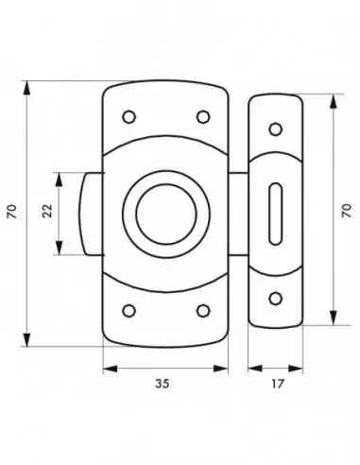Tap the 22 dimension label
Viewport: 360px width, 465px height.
(x=46, y=214)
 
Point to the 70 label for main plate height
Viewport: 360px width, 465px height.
(x=11, y=214)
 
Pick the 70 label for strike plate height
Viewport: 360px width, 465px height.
(x=347, y=209)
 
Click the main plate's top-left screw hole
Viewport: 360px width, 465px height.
(x=129, y=116)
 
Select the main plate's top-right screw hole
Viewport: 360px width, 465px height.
(x=202, y=116)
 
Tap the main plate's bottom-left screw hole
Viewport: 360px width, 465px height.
(x=129, y=310)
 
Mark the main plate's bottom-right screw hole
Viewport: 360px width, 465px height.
(x=202, y=310)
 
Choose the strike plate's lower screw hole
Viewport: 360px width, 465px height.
(x=274, y=298)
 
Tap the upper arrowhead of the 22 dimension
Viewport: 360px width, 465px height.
(x=61, y=178)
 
